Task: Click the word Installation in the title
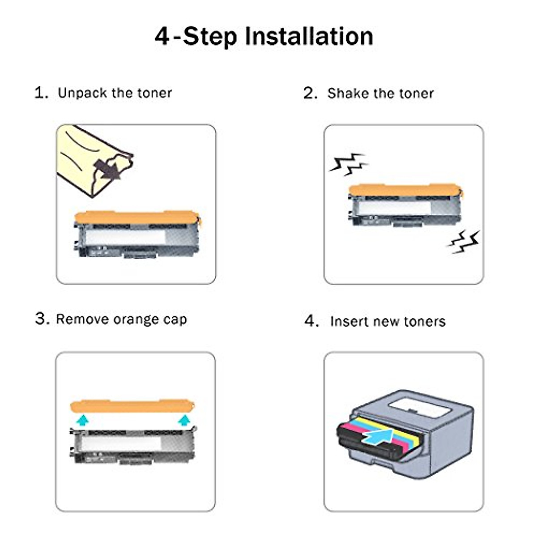click(x=309, y=37)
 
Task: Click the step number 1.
click(x=41, y=93)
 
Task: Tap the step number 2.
click(x=310, y=94)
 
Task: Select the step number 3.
click(x=41, y=319)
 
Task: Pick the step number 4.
click(x=311, y=321)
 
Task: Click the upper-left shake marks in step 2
click(x=348, y=164)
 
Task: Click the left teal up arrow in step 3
click(x=82, y=420)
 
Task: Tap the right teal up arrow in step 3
click(x=183, y=420)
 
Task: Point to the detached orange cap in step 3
click(x=132, y=406)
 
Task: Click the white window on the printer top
click(x=419, y=407)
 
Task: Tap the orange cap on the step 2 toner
click(x=405, y=190)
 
